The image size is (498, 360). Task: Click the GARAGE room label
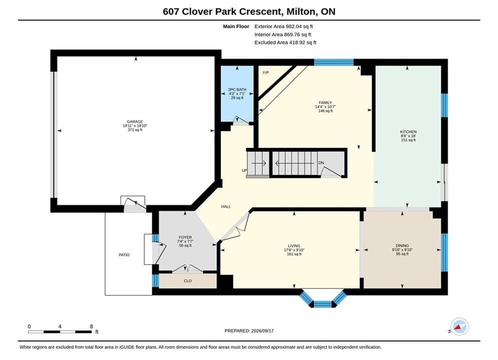click(x=135, y=121)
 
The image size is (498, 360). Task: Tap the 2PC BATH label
click(x=237, y=90)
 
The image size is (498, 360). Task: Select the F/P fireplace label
click(x=266, y=72)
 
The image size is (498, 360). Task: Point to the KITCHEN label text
click(x=408, y=131)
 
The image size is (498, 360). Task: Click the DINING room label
click(x=402, y=245)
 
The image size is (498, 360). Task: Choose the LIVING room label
click(x=294, y=246)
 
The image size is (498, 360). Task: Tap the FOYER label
click(x=185, y=237)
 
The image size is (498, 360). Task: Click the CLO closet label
click(x=188, y=280)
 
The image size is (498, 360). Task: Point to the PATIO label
click(x=124, y=254)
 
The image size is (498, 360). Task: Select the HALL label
click(x=226, y=206)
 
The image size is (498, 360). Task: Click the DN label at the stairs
click(x=321, y=162)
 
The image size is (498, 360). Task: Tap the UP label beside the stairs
click(x=244, y=170)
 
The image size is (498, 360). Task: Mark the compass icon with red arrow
click(x=459, y=326)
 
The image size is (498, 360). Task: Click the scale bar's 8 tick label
click(x=92, y=326)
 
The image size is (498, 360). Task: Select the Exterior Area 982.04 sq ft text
click(x=284, y=26)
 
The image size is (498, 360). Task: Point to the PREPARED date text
click(x=249, y=330)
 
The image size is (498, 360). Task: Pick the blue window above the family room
click(x=334, y=62)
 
